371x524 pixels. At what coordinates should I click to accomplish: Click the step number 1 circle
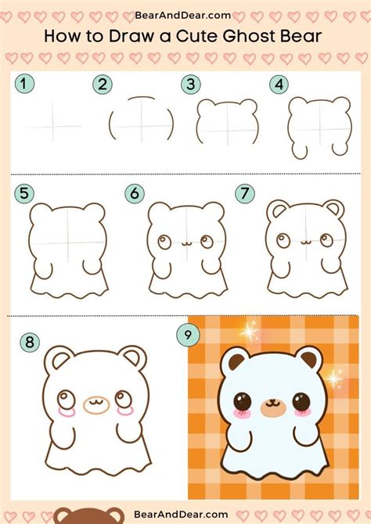coord(24,84)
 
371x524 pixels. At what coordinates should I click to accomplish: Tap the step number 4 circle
coord(279,84)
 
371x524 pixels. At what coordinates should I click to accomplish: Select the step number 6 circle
coord(135,193)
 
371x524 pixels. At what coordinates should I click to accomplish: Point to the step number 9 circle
coord(188,334)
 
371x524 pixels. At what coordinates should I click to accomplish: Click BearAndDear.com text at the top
coord(182,16)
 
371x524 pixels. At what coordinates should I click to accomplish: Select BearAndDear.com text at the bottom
coord(181,514)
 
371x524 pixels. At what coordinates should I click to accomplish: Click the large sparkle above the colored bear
coord(249,331)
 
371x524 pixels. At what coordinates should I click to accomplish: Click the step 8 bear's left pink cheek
coord(67,412)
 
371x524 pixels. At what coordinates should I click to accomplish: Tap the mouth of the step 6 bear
coord(185,244)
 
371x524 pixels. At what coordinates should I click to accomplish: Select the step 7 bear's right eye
coord(326,239)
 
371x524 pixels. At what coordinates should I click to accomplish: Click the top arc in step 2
coord(142,98)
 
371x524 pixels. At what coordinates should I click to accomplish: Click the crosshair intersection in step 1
coord(52,127)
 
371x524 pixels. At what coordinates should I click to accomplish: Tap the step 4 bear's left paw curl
coord(300,152)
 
